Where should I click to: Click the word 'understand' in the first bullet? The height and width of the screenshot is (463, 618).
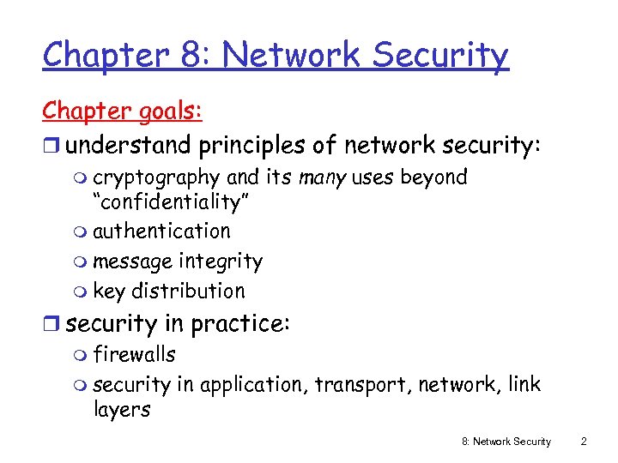pyautogui.click(x=129, y=146)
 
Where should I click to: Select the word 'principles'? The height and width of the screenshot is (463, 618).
pyautogui.click(x=251, y=147)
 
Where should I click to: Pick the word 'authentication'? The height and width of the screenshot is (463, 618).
pyautogui.click(x=161, y=231)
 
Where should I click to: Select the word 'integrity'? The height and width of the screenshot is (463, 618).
pyautogui.click(x=225, y=262)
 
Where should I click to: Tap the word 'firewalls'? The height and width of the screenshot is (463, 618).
pyautogui.click(x=134, y=355)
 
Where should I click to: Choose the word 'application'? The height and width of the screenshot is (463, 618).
pyautogui.click(x=252, y=385)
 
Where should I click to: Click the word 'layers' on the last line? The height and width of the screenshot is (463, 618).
pyautogui.click(x=121, y=410)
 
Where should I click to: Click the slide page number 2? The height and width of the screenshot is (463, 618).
pyautogui.click(x=584, y=442)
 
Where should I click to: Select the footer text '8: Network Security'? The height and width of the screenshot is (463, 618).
pyautogui.click(x=506, y=442)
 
